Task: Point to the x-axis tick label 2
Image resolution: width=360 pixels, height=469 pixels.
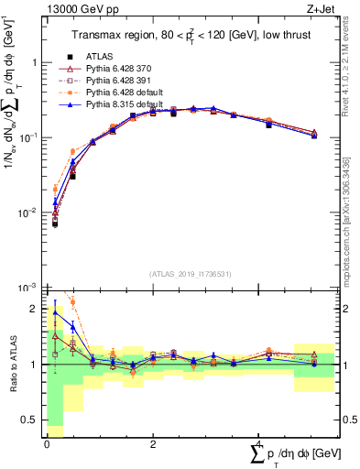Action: coord(152,443)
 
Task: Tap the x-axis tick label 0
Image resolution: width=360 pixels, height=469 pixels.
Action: coord(47,443)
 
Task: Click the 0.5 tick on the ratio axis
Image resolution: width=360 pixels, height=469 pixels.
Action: coord(33,420)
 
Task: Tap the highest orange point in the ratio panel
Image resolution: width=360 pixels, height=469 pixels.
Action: coord(72,302)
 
